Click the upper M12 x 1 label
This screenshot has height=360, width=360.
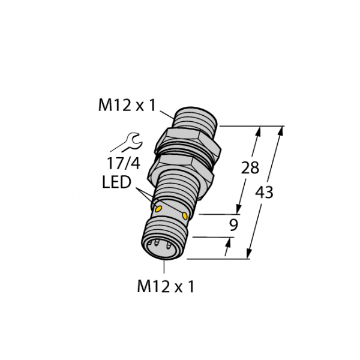pyautogui.click(x=127, y=106)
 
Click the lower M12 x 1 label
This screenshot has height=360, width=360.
pyautogui.click(x=166, y=286)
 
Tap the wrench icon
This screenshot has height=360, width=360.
pyautogui.click(x=127, y=142)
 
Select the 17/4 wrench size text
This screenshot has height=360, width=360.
pyautogui.click(x=124, y=163)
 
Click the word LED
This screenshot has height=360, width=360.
pyautogui.click(x=116, y=182)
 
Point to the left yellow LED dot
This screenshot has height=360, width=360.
pyautogui.click(x=158, y=209)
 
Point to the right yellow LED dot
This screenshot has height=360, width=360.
pyautogui.click(x=185, y=215)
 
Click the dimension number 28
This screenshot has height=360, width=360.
pyautogui.click(x=250, y=167)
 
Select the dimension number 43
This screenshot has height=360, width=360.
pyautogui.click(x=264, y=193)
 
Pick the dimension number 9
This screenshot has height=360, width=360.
pyautogui.click(x=233, y=225)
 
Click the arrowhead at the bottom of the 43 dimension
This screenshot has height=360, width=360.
pyautogui.click(x=249, y=253)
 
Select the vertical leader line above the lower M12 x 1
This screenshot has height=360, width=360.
pyautogui.click(x=164, y=266)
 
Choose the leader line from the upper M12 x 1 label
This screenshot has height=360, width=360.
pyautogui.click(x=167, y=115)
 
